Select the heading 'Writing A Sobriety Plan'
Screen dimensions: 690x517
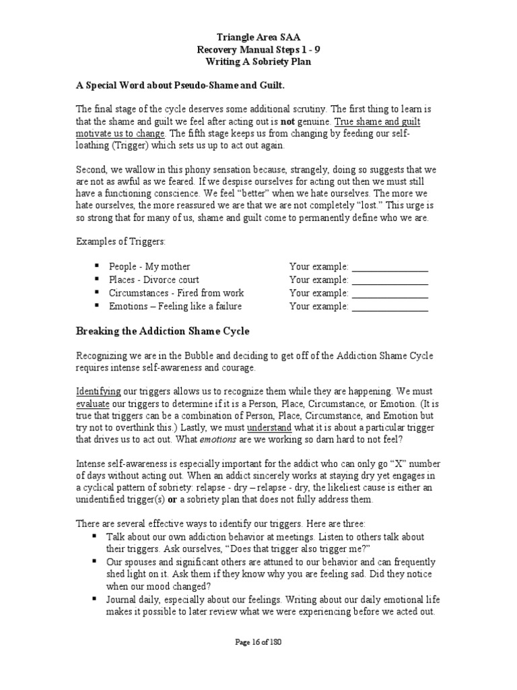pos(258,61)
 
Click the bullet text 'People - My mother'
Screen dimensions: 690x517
pos(149,266)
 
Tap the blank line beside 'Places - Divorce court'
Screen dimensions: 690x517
pos(390,280)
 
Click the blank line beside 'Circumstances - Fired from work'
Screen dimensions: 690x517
pos(390,294)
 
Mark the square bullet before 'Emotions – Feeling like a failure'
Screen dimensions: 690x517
pos(98,306)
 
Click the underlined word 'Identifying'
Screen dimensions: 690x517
pos(98,391)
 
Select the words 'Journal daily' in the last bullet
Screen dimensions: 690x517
pos(134,600)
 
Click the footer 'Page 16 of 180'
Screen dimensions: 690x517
pos(258,643)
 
